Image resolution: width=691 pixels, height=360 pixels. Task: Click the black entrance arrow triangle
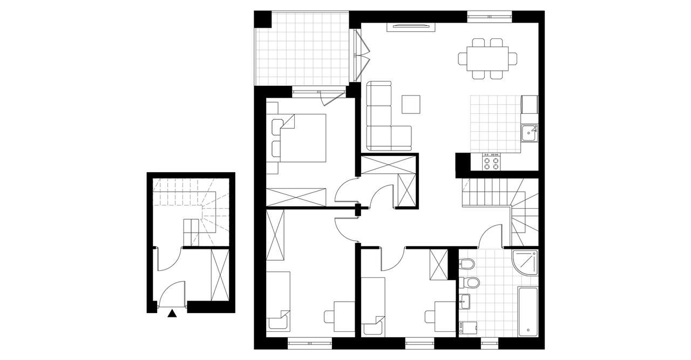pyautogui.click(x=172, y=313)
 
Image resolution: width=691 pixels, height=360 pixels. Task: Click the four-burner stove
pyautogui.click(x=491, y=161)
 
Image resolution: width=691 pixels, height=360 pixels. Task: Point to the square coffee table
pyautogui.click(x=411, y=104)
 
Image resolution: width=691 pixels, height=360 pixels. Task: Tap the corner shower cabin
pyautogui.click(x=525, y=262)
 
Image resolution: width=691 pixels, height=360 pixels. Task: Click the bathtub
pyautogui.click(x=527, y=311)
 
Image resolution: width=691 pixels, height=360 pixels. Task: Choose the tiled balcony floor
pyautogui.click(x=302, y=49)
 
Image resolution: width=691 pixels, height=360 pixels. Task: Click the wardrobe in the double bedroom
pyautogui.click(x=297, y=197)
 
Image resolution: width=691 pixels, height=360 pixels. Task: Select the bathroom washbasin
pyautogui.click(x=465, y=303)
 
